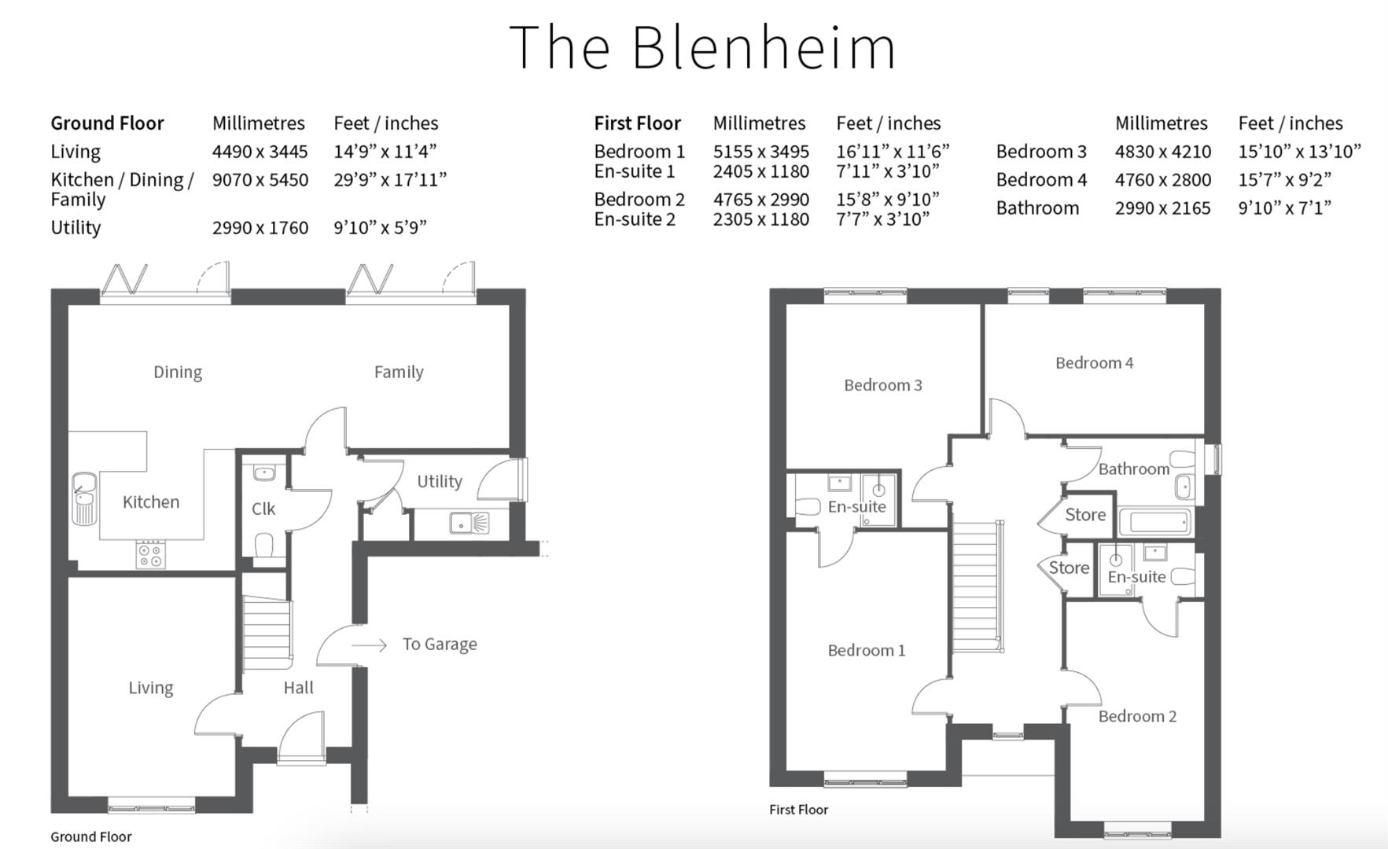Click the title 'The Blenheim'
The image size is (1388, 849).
[702, 47]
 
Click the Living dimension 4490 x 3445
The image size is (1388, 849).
[260, 152]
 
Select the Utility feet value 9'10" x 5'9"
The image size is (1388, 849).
[380, 228]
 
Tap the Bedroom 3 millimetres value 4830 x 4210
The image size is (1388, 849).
[1162, 152]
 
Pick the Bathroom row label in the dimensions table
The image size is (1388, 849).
[1037, 208]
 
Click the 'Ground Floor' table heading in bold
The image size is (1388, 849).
[107, 123]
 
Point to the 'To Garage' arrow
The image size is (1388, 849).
[370, 645]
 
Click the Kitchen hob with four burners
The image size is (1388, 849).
[151, 554]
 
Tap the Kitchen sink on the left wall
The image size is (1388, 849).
[83, 498]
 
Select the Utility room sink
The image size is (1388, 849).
[470, 523]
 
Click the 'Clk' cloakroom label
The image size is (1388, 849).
[263, 509]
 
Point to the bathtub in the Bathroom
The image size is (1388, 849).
[1154, 522]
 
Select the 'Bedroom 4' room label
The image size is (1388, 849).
[1094, 363]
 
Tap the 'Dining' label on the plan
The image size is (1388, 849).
[178, 372]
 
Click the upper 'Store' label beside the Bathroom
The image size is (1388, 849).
[1085, 515]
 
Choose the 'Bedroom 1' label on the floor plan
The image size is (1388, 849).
[866, 651]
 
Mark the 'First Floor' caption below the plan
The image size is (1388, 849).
[798, 810]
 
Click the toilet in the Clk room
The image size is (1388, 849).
[264, 545]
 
